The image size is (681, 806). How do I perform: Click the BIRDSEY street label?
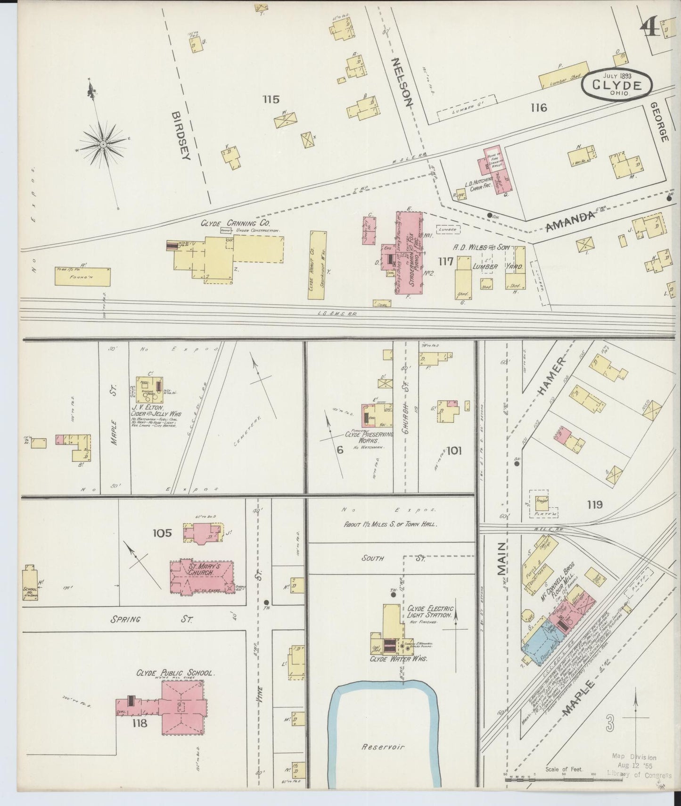180,136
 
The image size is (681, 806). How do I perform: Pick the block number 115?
271,99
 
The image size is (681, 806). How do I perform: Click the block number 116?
538,108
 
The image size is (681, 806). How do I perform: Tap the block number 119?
595,505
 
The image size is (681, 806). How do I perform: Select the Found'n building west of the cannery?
82,277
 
